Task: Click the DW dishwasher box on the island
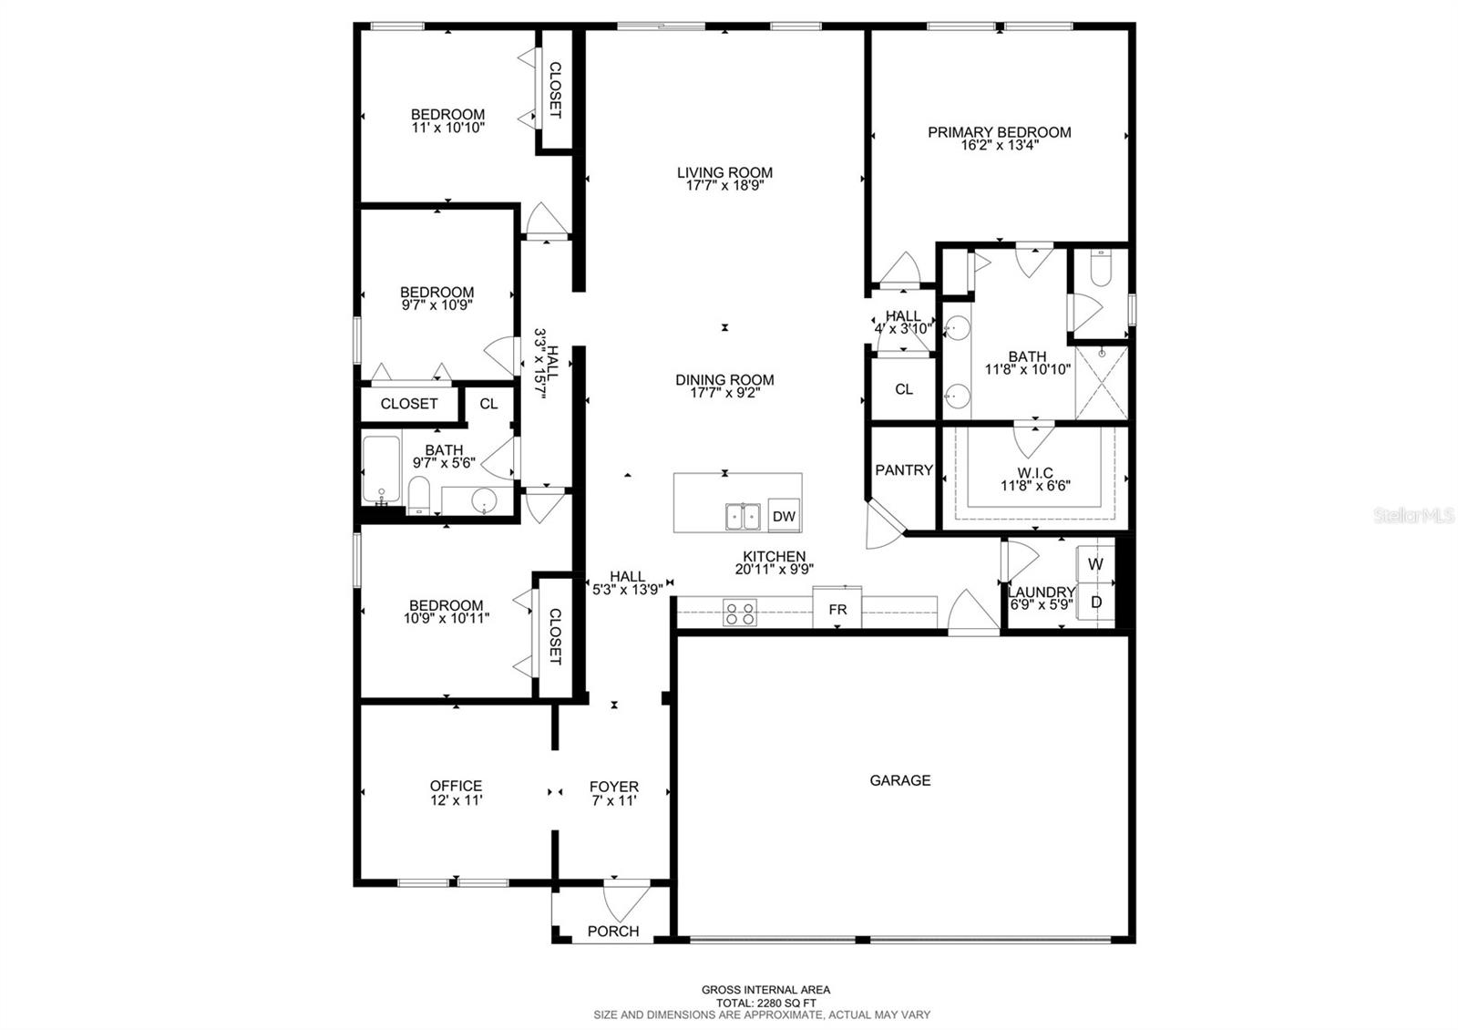coord(784,516)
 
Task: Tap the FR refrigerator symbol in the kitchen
coord(837,609)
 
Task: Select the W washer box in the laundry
coord(1095,564)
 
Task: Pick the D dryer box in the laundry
coord(1096,603)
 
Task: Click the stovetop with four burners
coord(739,612)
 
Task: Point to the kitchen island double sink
coord(744,516)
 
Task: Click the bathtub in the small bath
coord(381,469)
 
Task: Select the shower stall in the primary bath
coord(1101,383)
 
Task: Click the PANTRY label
coord(904,470)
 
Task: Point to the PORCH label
coord(613,932)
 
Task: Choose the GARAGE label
coord(900,780)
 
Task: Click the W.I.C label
coord(1035,472)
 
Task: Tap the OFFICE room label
coord(456,786)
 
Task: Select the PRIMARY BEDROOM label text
coord(999,132)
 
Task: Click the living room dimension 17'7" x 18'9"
coord(724,185)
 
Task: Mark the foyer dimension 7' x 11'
coord(613,800)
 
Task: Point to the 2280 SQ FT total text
coord(765,1002)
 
